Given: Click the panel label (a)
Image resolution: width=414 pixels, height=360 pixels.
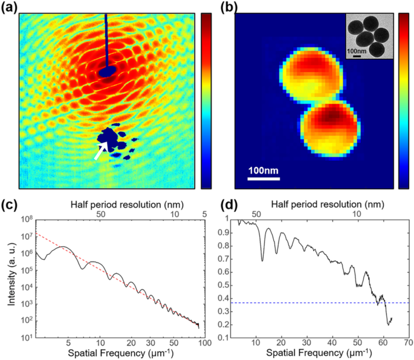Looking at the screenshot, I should [x=10, y=7].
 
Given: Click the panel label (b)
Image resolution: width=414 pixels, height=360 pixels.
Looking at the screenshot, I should [x=222, y=7].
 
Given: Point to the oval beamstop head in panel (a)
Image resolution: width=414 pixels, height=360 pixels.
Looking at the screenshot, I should [x=108, y=72].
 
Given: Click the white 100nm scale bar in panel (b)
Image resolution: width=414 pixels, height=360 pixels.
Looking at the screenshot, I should [x=264, y=178].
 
